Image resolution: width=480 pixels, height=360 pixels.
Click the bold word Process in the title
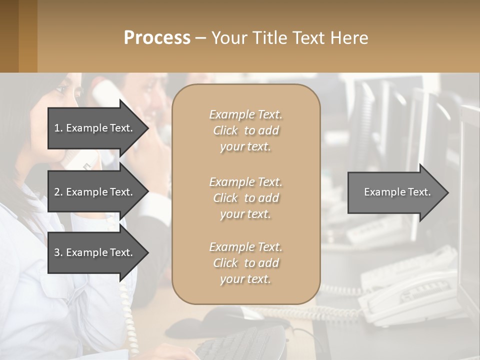coord(157,38)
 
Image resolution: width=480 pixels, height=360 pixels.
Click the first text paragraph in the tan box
coord(245,130)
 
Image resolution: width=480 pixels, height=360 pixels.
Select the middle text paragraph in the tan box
coord(245,198)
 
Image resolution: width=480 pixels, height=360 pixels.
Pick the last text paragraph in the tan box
coord(245,263)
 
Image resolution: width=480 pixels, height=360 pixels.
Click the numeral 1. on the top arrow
coord(58,128)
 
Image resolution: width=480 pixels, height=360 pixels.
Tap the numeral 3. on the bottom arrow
coord(58,252)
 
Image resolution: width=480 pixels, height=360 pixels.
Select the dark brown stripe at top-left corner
coord(9,36)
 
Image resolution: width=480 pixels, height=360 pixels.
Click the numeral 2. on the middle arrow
coord(58,192)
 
